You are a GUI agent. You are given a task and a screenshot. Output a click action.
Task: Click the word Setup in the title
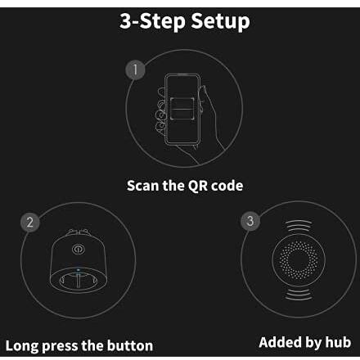220,21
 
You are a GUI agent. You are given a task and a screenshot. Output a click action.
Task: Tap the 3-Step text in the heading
153,20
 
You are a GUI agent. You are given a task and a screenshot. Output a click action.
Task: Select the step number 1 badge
135,70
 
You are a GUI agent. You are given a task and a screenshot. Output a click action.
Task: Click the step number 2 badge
30,223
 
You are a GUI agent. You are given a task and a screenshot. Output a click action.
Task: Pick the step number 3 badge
250,221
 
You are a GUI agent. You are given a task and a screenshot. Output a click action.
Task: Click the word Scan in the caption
143,186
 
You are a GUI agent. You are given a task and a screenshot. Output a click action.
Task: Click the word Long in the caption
22,346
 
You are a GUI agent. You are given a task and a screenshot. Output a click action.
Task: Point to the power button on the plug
79,249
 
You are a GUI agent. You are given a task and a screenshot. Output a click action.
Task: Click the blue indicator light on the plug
79,270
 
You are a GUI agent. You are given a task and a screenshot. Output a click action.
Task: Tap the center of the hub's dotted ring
299,259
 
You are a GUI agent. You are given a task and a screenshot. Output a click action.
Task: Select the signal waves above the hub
299,225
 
